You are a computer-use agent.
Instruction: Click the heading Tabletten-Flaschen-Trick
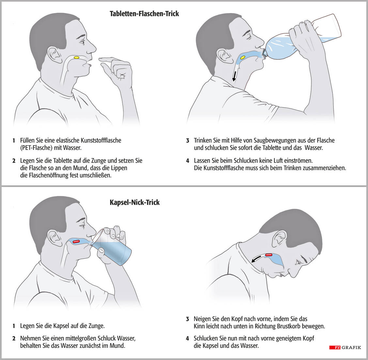144,14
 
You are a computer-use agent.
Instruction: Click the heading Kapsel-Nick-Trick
135,202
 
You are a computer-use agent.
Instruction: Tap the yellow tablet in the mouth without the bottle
77,57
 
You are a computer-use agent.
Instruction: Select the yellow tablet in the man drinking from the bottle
243,57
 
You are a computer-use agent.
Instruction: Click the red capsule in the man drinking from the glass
77,241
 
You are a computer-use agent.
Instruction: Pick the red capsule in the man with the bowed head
269,255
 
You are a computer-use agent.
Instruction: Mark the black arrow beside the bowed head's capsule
256,259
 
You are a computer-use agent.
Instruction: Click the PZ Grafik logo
345,347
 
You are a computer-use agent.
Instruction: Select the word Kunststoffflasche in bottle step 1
101,140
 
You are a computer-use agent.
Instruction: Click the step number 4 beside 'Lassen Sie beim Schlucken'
188,161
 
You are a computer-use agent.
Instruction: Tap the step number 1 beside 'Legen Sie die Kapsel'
14,326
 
